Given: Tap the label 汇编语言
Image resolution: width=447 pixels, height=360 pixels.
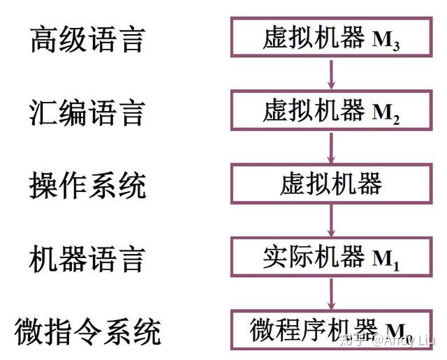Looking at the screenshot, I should pyautogui.click(x=87, y=112).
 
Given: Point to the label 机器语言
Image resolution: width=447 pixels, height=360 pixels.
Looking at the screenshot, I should pyautogui.click(x=87, y=259).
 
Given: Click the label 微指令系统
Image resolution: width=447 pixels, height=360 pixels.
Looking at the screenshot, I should pyautogui.click(x=87, y=331).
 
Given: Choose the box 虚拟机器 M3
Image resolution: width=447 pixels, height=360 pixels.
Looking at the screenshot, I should pyautogui.click(x=331, y=39).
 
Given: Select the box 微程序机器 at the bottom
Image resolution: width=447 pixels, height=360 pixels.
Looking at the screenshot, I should pyautogui.click(x=331, y=331).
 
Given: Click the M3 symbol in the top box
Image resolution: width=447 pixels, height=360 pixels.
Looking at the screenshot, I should pyautogui.click(x=386, y=41).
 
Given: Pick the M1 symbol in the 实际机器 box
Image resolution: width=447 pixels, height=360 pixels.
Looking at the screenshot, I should pyautogui.click(x=386, y=260).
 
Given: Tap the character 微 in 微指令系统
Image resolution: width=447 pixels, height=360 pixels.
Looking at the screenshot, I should pyautogui.click(x=29, y=331).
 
